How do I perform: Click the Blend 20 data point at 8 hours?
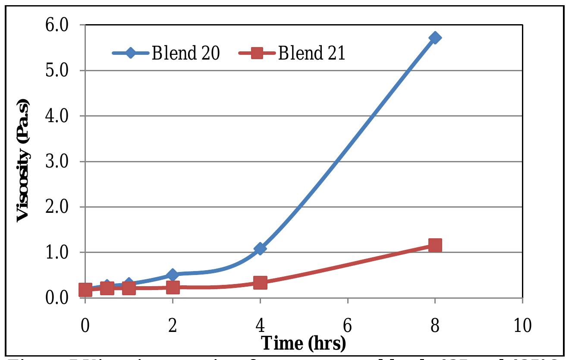[x=435, y=38]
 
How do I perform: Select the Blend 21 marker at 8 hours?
[x=435, y=245]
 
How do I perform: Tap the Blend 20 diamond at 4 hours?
[x=260, y=249]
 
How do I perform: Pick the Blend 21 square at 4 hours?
[x=260, y=283]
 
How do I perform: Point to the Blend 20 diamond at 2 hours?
[x=173, y=275]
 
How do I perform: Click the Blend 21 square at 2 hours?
[x=173, y=287]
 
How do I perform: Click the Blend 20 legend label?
[x=186, y=54]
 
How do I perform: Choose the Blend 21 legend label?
[x=311, y=54]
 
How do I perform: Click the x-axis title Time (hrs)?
[x=304, y=343]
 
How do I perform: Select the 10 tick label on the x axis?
[x=522, y=325]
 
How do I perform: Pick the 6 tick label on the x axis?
[x=348, y=325]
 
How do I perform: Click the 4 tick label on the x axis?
[x=260, y=325]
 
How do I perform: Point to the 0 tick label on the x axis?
[x=85, y=325]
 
